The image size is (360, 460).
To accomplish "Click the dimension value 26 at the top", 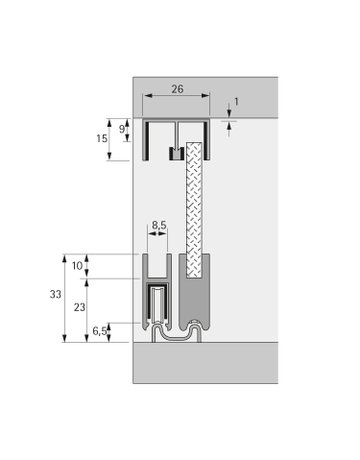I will (x=176, y=88).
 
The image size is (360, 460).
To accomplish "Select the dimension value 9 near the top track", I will (x=123, y=128).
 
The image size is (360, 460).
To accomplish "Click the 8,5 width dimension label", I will (x=159, y=227).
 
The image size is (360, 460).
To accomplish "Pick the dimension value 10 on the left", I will (x=79, y=265).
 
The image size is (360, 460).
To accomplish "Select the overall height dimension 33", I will (x=54, y=296).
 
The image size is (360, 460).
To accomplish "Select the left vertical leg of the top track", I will (x=146, y=140).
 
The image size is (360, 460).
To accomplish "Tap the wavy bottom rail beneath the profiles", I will (x=175, y=333).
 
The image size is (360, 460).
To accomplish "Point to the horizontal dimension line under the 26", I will (x=176, y=97).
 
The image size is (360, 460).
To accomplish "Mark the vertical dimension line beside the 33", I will (x=66, y=296).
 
